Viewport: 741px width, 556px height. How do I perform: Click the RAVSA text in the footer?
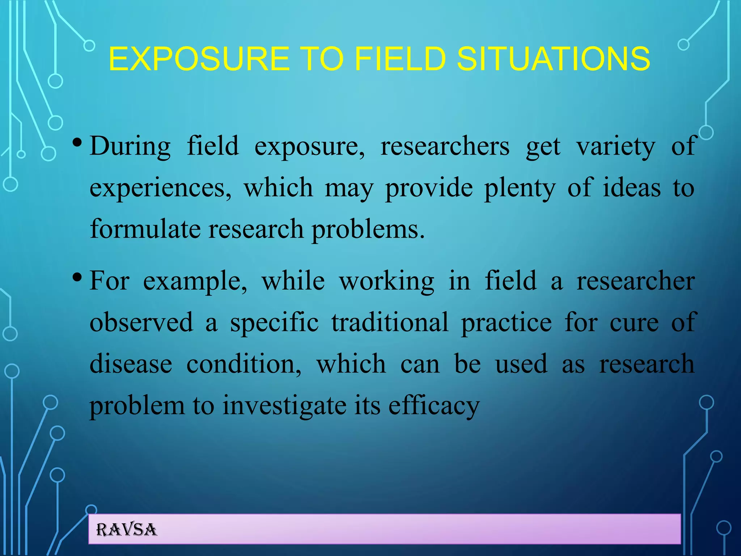click(127, 530)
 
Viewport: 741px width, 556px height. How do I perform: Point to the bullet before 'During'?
click(77, 143)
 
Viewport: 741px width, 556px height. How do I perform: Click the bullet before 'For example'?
click(77, 278)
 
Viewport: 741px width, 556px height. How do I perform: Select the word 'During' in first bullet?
click(130, 146)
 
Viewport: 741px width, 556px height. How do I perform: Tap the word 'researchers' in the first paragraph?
click(445, 146)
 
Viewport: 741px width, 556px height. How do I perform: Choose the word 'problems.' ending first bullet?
click(368, 229)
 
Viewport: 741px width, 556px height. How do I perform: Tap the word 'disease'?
click(131, 364)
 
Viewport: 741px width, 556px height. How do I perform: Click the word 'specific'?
click(275, 322)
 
